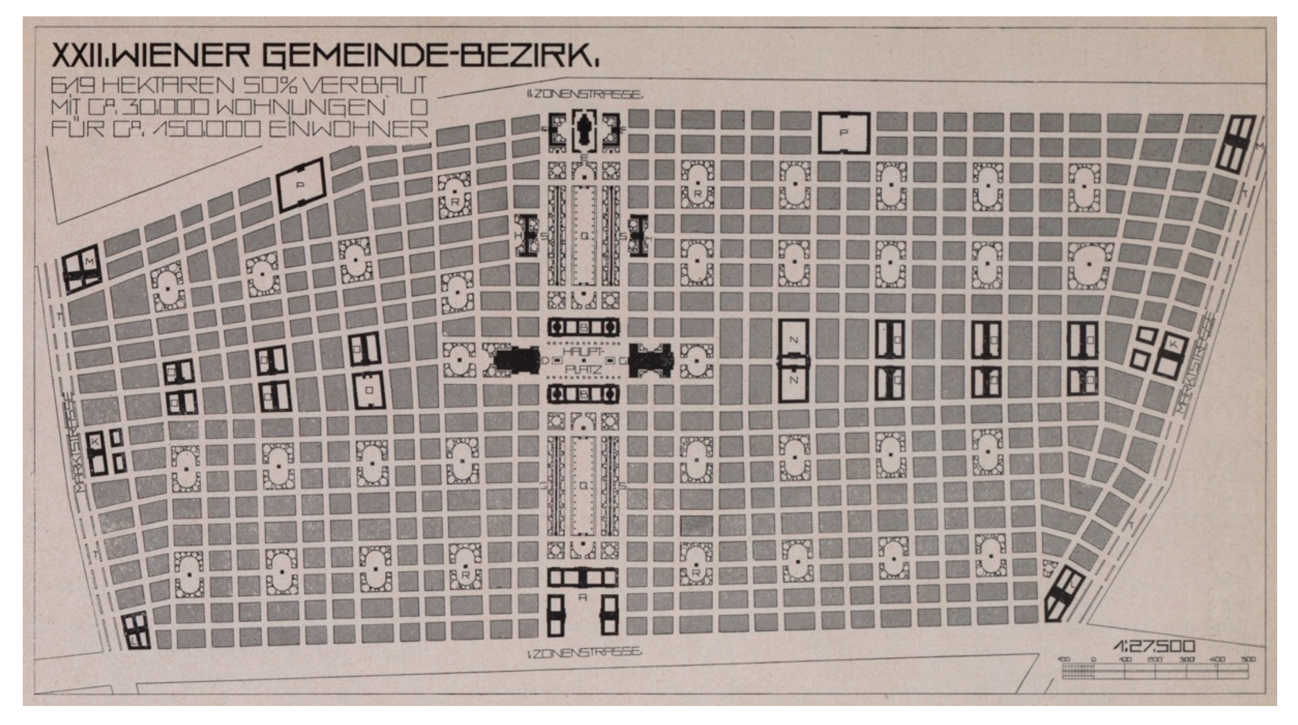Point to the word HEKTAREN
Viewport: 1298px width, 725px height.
point(172,86)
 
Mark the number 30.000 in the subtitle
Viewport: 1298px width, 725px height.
point(172,107)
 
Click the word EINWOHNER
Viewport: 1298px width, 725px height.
point(348,129)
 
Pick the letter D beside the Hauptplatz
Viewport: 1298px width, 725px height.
point(545,361)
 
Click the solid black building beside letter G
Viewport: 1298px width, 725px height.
point(650,361)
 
